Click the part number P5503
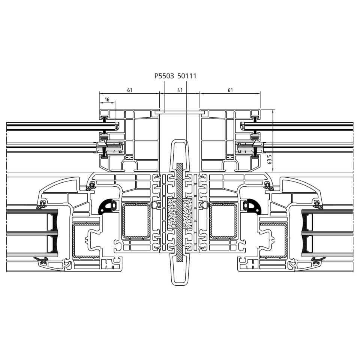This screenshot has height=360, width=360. coord(164,76)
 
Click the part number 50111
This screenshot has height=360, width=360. coord(187,76)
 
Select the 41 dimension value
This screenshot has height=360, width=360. coord(180,90)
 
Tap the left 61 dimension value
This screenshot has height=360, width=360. coord(130,90)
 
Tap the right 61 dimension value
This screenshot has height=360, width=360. coord(230,90)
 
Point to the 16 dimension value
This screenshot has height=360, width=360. coord(107,99)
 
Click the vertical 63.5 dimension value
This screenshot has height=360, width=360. coord(270,159)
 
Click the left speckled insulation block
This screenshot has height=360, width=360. coord(172,213)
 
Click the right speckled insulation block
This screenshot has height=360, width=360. coord(187,213)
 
